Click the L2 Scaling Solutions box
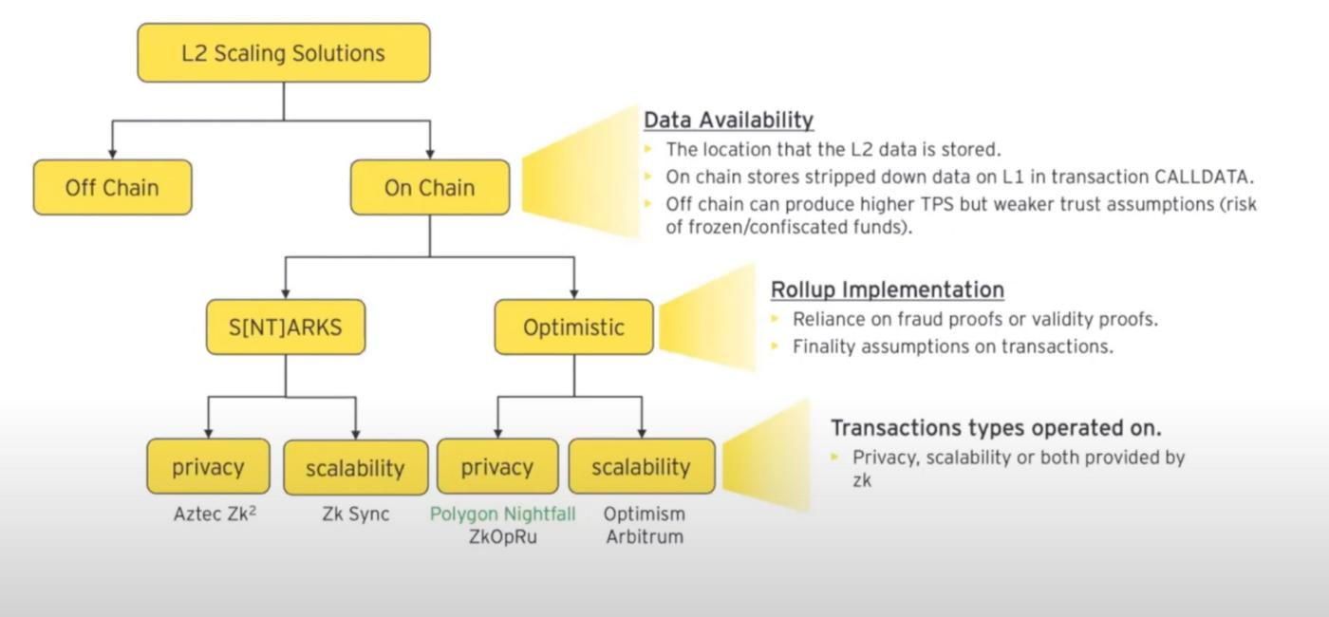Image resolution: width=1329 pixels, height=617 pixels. (x=283, y=53)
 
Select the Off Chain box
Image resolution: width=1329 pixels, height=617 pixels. (x=112, y=187)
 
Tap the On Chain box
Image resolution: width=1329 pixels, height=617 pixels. (x=429, y=187)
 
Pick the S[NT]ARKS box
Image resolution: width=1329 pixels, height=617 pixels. (x=285, y=327)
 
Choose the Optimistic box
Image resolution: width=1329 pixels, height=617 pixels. (x=573, y=327)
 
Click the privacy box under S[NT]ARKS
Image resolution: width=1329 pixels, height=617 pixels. (x=208, y=467)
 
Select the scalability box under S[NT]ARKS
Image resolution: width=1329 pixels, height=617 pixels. (x=355, y=467)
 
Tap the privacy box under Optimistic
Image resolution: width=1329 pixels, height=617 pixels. (x=496, y=467)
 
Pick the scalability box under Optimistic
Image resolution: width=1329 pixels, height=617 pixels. (x=641, y=467)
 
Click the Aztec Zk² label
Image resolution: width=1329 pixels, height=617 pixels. (x=215, y=514)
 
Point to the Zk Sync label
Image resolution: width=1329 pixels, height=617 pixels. (x=355, y=514)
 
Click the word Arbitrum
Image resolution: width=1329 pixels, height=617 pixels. (x=645, y=536)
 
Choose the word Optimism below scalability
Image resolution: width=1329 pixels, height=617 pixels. (x=645, y=514)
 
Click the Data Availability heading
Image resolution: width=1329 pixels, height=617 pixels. (x=728, y=120)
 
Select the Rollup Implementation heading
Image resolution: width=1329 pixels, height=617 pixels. (x=887, y=289)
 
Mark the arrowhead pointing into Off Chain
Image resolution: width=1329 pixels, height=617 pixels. (x=112, y=153)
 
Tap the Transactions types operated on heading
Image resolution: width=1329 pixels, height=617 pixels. (x=996, y=427)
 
